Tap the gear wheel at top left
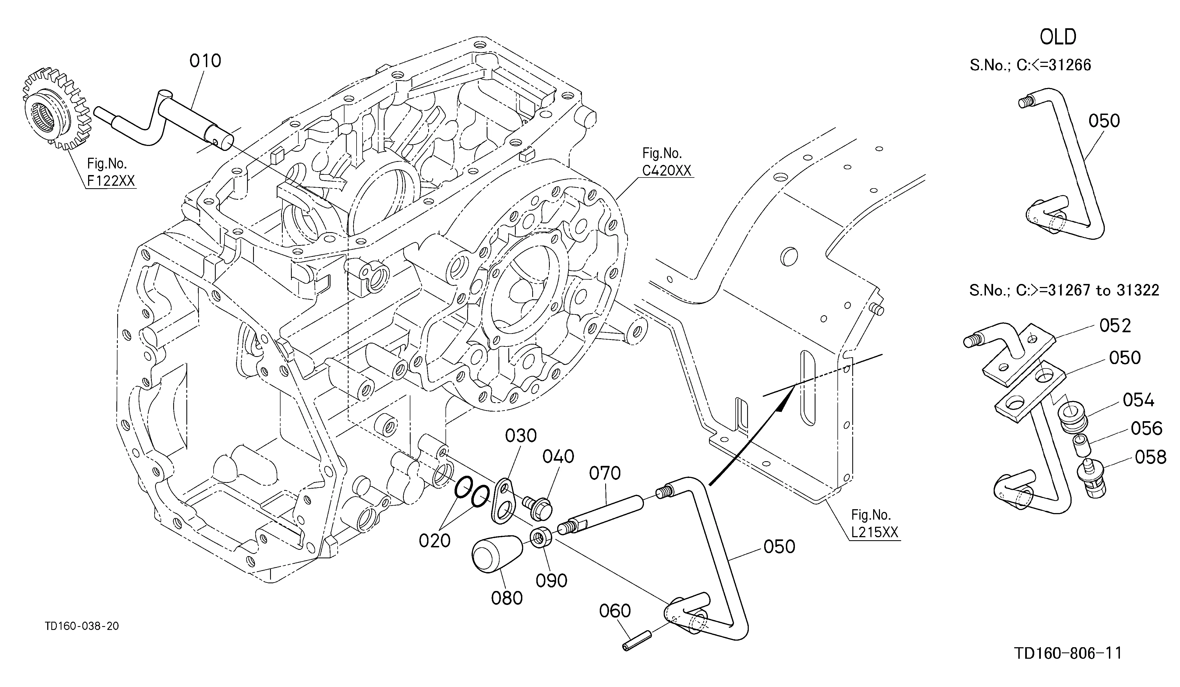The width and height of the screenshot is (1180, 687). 55,109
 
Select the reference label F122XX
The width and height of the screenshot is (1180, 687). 111,181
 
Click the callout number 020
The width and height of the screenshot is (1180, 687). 435,540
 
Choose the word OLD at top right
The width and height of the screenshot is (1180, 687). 1058,37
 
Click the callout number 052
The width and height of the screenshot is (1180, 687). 1115,326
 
